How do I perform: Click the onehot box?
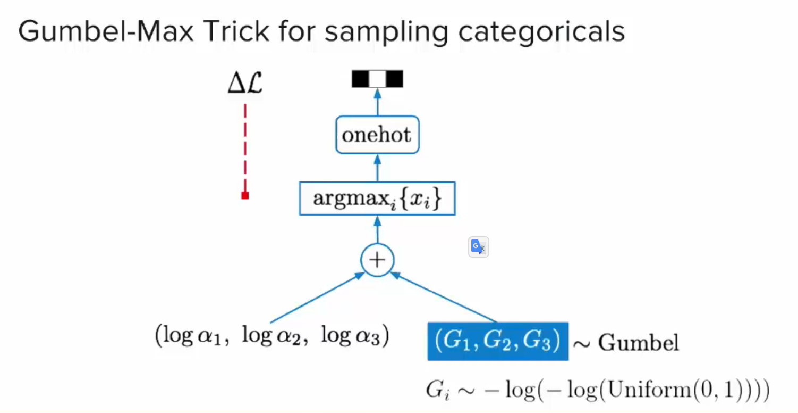coord(377,135)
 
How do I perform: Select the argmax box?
coord(377,199)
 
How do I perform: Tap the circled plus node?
coord(377,260)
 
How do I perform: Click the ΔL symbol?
coord(245,84)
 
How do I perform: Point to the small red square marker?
coord(245,195)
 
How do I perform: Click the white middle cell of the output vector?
coord(377,79)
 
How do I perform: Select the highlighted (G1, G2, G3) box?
coord(497,341)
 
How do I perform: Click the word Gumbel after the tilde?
coord(638,342)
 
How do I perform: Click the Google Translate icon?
coord(478,247)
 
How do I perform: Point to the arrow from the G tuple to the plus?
coord(445,299)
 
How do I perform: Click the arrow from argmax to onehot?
coord(377,169)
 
